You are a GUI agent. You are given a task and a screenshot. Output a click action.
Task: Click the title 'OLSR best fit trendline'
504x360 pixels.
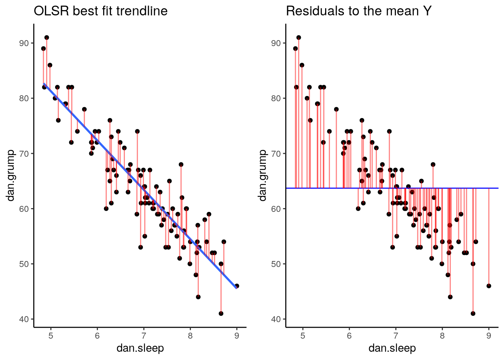100,11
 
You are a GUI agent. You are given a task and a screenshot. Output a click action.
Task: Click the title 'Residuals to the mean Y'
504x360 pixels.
358,11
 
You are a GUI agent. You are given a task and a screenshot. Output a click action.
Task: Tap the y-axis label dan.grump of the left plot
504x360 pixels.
10,175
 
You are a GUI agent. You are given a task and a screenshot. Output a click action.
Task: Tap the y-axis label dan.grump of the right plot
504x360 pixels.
262,175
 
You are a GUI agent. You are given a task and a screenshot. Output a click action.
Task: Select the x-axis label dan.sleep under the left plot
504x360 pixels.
140,348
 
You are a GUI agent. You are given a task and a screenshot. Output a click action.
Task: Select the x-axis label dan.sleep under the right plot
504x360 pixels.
392,348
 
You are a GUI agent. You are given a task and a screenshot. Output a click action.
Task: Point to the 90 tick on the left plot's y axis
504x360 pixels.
24,43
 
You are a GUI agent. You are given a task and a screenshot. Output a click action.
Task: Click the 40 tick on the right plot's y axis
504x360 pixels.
276,319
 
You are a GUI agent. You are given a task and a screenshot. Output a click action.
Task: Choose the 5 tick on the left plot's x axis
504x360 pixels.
51,336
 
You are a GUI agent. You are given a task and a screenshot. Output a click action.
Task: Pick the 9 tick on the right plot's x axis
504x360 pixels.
489,336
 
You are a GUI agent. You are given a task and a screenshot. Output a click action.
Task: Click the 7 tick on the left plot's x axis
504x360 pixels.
144,336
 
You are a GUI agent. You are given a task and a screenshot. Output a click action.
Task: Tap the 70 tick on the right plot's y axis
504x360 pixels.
276,153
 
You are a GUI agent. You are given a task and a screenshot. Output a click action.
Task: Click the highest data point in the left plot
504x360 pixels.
46,37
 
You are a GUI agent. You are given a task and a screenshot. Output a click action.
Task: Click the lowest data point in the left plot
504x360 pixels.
221,313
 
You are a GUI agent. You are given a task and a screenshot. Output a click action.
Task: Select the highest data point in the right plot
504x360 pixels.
298,37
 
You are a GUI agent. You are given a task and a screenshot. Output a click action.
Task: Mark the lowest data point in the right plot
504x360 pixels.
473,313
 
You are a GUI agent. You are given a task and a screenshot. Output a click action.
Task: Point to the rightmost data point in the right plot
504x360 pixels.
489,286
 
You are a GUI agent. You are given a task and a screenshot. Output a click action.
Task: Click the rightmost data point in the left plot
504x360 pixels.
237,286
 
